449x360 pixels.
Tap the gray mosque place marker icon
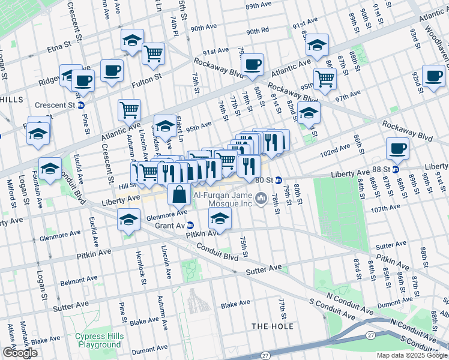(x=261, y=198)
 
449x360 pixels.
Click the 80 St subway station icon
(x=279, y=179)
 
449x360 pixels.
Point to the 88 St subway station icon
(x=395, y=169)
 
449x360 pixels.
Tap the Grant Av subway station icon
(x=190, y=226)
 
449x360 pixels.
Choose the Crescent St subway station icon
(x=81, y=105)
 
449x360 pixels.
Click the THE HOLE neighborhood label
(x=273, y=326)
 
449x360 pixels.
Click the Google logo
(x=20, y=353)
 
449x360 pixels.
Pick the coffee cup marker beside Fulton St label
(x=112, y=70)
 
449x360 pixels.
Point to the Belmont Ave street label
(x=79, y=280)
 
